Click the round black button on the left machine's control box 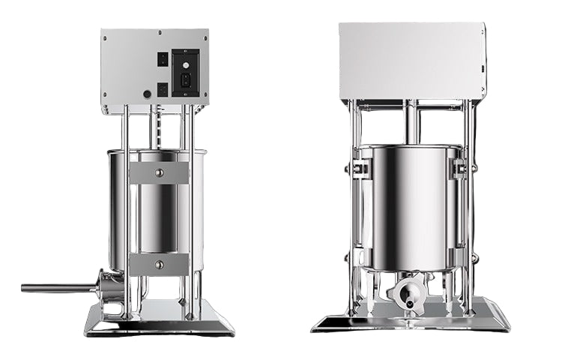(147, 94)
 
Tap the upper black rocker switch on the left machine (162, 58)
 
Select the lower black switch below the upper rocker (162, 88)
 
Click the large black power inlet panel (186, 73)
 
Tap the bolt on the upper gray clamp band (158, 173)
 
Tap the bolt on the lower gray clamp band (158, 264)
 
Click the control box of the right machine (411, 60)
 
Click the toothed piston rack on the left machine (156, 127)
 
